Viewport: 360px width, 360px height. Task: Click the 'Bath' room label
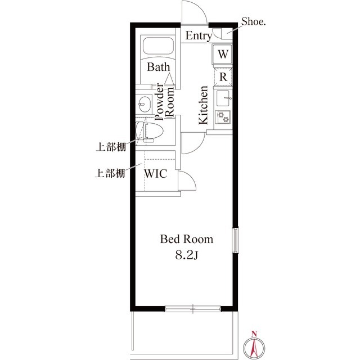click(x=158, y=67)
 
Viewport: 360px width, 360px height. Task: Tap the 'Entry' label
click(x=199, y=37)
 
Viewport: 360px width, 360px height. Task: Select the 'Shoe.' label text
click(x=254, y=22)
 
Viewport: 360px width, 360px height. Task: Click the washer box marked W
click(x=223, y=55)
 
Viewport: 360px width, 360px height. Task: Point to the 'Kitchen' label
click(x=203, y=105)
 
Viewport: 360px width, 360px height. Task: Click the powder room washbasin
click(x=143, y=104)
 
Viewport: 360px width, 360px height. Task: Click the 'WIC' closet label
click(x=156, y=173)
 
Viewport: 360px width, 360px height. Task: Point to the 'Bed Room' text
click(x=187, y=239)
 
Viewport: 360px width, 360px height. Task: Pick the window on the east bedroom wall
click(x=236, y=241)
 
